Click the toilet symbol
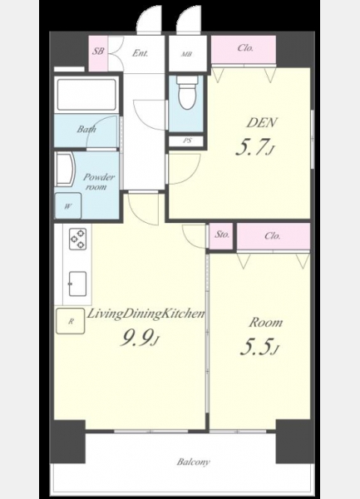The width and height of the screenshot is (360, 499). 188,92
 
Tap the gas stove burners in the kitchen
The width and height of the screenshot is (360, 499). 78,239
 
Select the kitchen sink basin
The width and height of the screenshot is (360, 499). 77,284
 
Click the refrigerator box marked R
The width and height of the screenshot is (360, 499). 71,321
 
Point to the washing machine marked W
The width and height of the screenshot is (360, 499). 68,206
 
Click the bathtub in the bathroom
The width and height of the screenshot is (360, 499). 86,95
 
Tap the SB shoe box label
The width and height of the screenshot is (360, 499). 98,51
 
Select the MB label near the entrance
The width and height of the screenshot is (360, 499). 187,54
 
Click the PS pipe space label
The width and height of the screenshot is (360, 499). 187,141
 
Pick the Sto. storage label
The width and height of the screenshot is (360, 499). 222,235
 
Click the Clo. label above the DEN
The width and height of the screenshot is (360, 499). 245,48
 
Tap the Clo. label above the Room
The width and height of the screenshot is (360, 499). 273,236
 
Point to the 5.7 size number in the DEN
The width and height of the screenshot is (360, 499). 254,146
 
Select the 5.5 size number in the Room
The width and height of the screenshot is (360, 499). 259,347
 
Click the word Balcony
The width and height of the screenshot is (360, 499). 194,462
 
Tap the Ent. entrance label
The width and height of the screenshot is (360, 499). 141,53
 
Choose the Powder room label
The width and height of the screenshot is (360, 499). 99,181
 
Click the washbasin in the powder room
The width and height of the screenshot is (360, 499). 65,169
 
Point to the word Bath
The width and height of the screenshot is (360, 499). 86,129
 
